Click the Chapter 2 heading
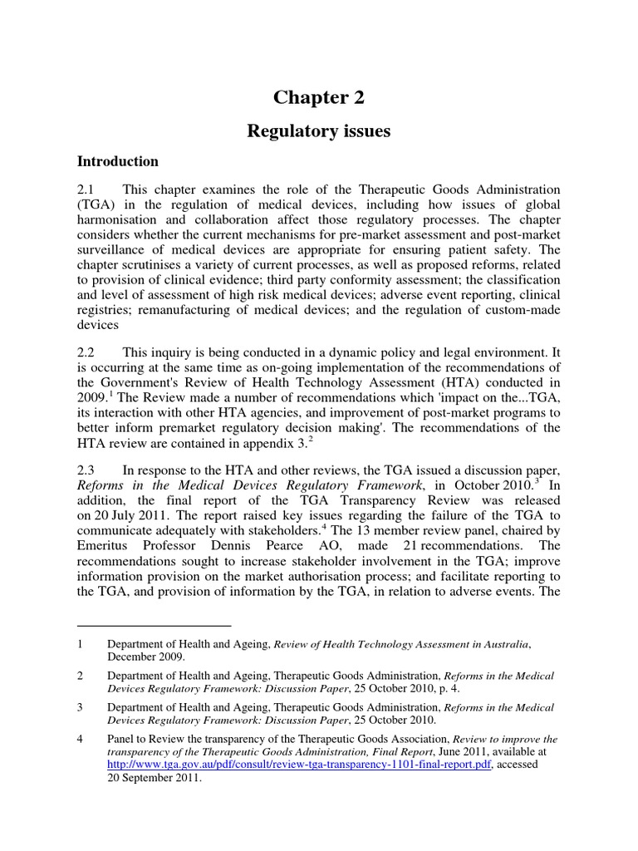(318, 97)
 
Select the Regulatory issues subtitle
(318, 131)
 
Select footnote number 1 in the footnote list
(80, 644)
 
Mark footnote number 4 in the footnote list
(80, 739)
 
